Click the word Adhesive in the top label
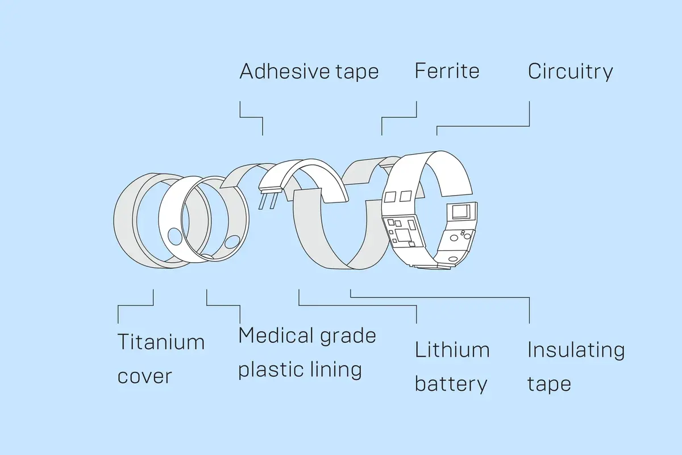point(285,71)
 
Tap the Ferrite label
point(447,71)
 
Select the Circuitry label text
point(570,72)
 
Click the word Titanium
point(161,342)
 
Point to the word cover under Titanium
point(144,377)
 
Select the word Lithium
point(452,350)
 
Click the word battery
point(451,384)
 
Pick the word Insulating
point(576,350)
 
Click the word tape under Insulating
point(549,384)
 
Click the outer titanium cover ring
point(123,221)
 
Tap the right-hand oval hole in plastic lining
point(232,242)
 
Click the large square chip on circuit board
point(403,235)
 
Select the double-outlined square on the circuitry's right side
point(461,212)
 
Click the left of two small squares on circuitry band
point(390,197)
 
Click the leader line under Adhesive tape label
point(251,117)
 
